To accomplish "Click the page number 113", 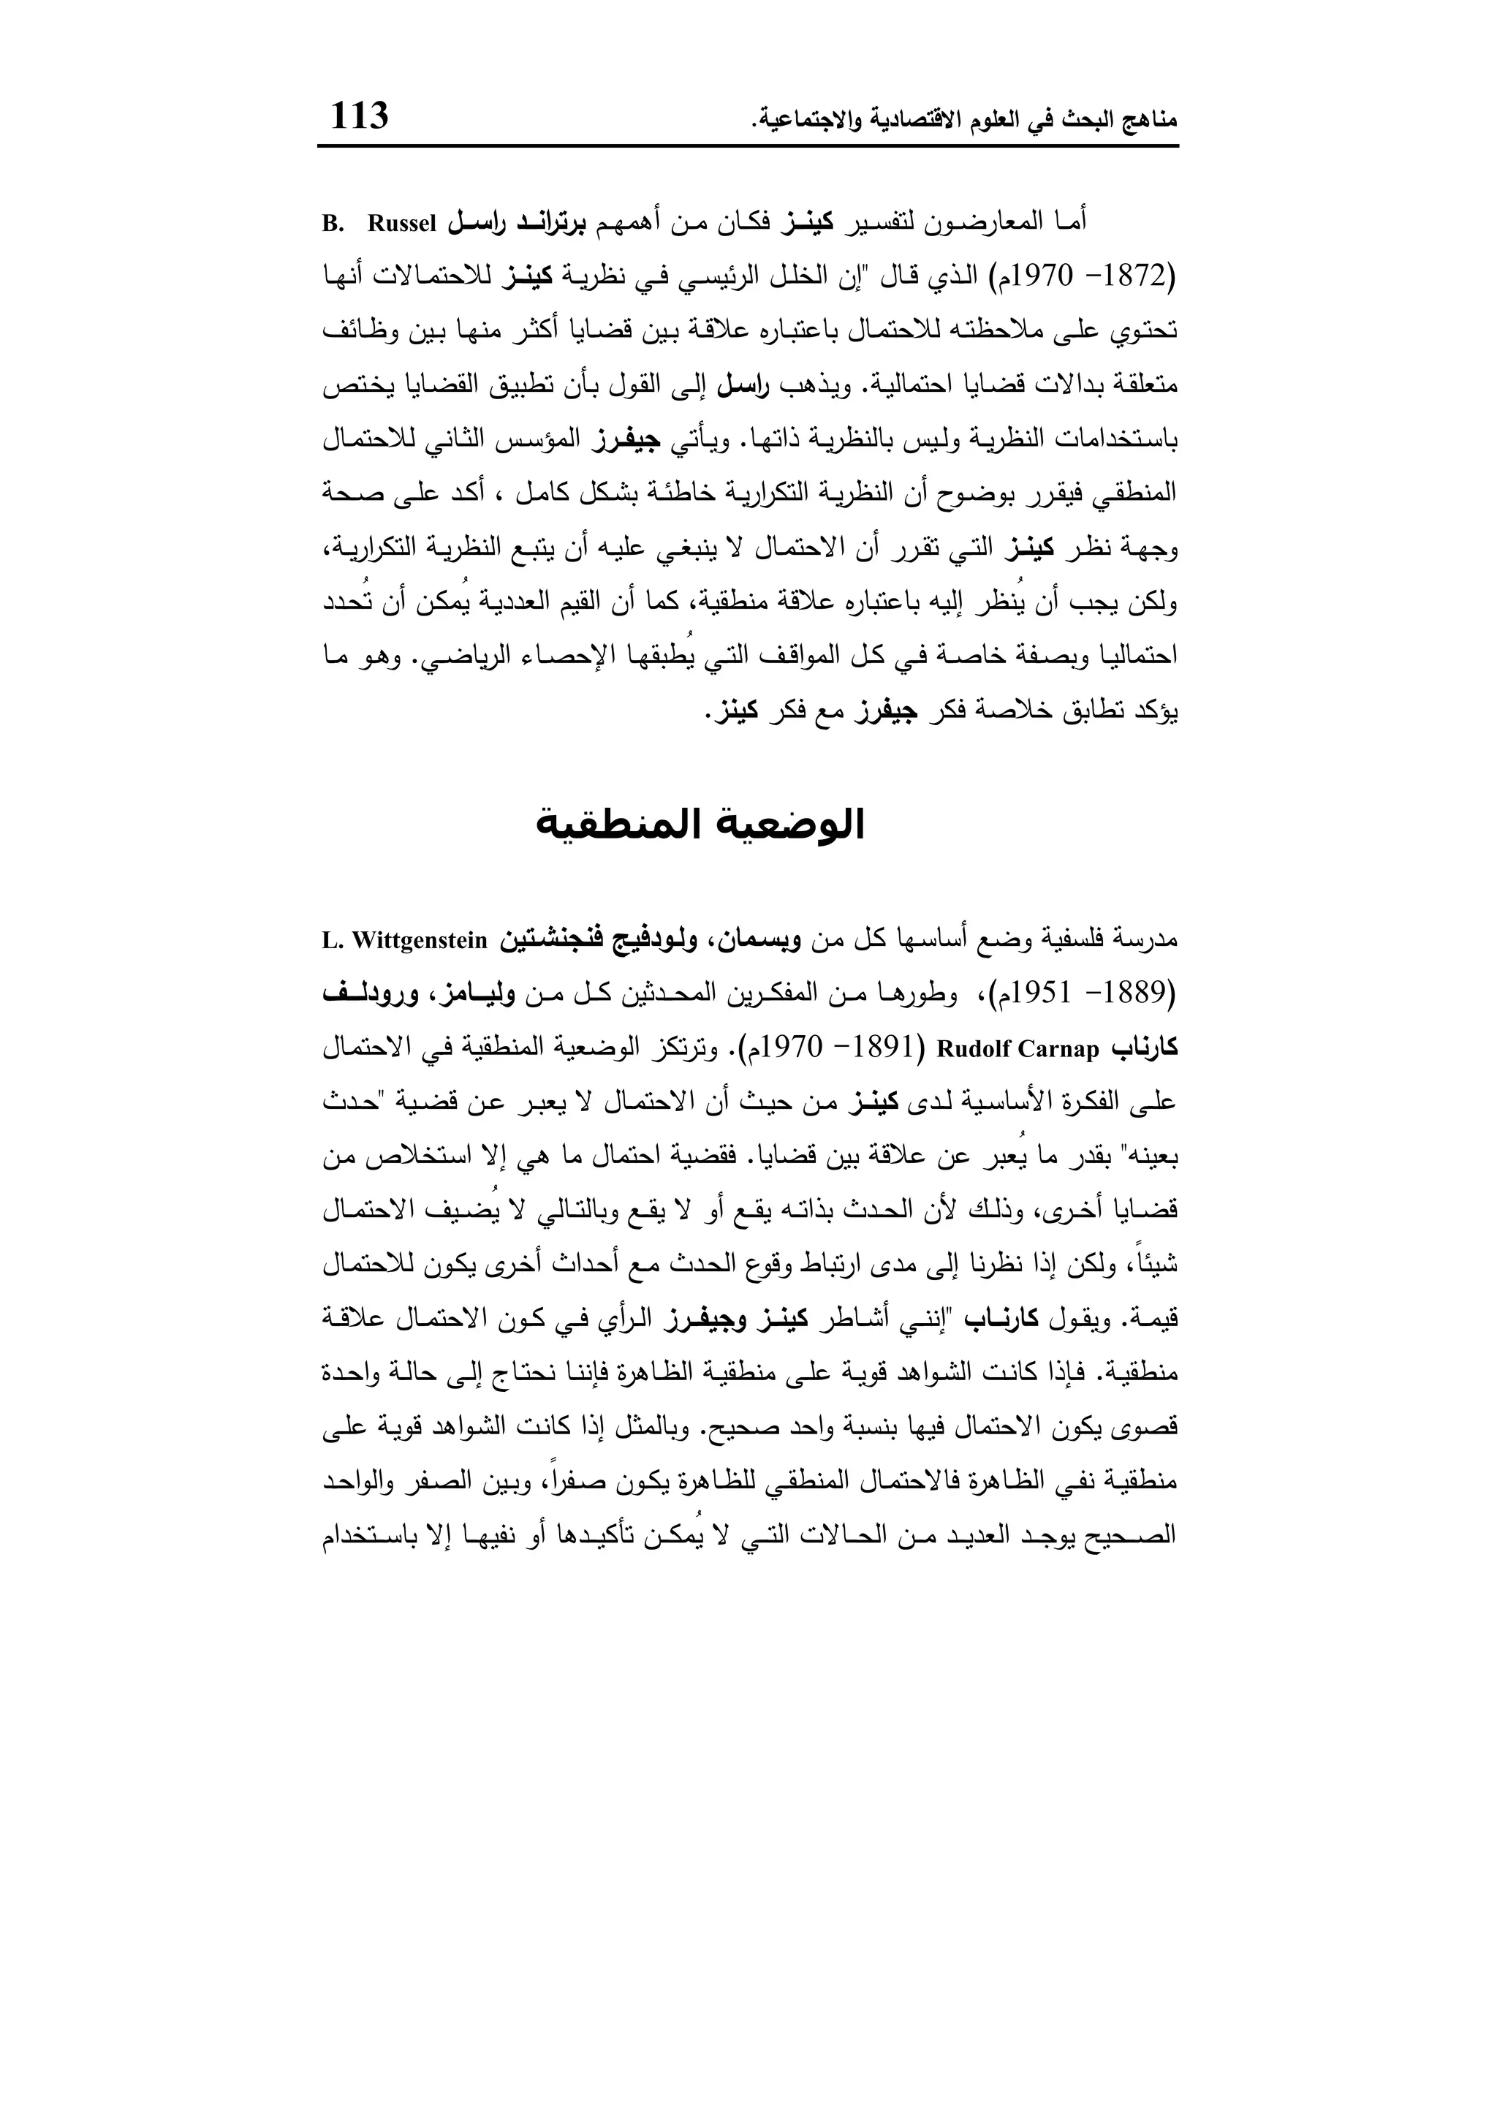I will pyautogui.click(x=360, y=117).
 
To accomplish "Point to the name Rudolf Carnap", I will pyautogui.click(x=1018, y=1049).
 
